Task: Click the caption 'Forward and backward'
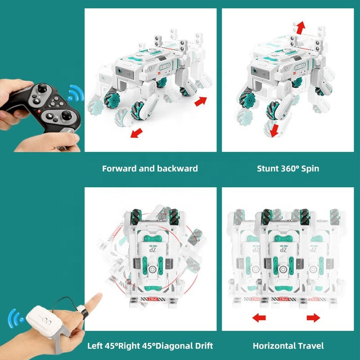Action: click(150, 169)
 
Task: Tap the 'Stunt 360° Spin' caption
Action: click(288, 169)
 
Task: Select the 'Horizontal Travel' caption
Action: click(288, 346)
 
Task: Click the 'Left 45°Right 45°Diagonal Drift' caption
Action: click(150, 346)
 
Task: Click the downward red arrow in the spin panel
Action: click(274, 130)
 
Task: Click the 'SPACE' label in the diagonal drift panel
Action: click(151, 298)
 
